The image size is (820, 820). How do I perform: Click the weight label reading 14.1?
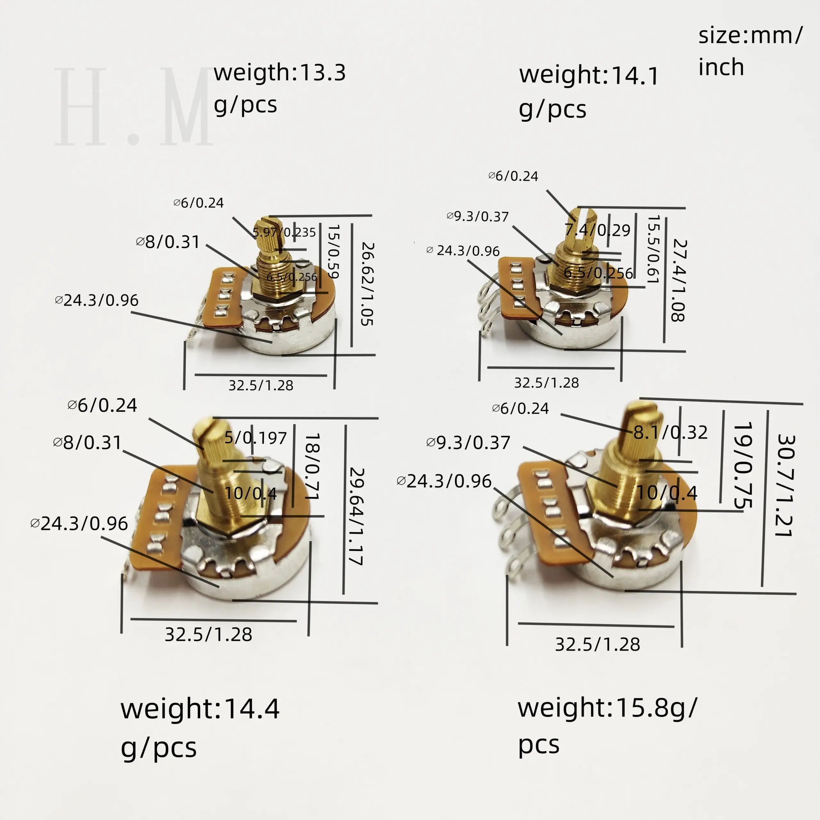(x=588, y=91)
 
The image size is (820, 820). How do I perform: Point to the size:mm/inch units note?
(x=750, y=51)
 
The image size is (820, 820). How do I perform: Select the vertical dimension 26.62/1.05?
(x=367, y=283)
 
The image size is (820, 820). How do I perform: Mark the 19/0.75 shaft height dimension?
(x=743, y=464)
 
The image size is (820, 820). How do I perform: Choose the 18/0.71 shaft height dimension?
(x=312, y=465)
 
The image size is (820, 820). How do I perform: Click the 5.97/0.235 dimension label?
(x=284, y=232)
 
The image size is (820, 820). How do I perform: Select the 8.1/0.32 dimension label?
(x=670, y=432)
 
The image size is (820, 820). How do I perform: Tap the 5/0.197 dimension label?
(x=256, y=437)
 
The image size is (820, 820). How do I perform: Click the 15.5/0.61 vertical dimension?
(x=653, y=249)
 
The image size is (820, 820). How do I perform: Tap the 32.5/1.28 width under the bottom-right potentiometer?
(x=597, y=644)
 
